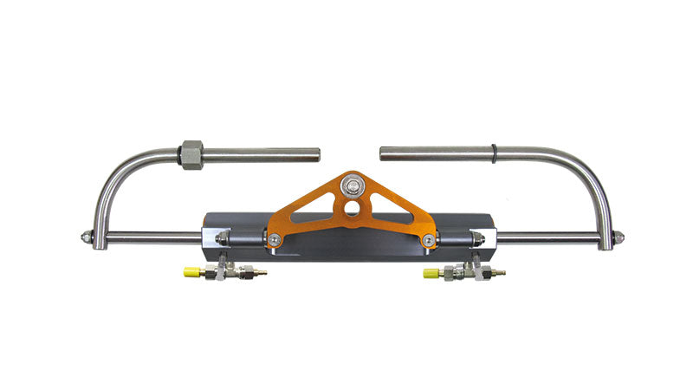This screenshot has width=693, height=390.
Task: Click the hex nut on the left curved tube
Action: [191, 155]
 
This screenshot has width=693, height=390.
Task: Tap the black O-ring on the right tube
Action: [493, 153]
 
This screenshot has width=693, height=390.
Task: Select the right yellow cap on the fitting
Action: [430, 273]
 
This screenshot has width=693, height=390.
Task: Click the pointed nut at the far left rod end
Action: [86, 237]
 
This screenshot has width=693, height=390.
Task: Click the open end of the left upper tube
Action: [317, 155]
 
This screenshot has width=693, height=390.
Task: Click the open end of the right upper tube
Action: [383, 153]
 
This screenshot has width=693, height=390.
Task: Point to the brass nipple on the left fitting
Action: [259, 273]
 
